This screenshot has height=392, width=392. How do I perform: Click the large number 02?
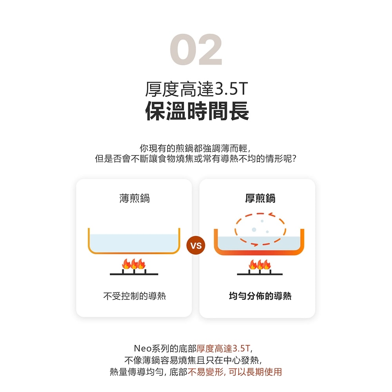tap(196, 49)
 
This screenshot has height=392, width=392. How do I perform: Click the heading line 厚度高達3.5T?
tap(196, 89)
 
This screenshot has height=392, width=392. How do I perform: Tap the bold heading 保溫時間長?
tap(197, 111)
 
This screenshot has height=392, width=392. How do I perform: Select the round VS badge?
tap(196, 245)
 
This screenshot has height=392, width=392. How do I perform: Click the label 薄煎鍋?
tap(134, 198)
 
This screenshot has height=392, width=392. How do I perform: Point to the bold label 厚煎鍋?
tap(260, 198)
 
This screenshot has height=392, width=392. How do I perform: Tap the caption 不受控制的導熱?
tap(134, 296)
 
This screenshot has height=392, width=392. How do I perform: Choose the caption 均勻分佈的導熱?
tap(260, 296)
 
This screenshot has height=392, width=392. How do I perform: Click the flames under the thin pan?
tap(134, 264)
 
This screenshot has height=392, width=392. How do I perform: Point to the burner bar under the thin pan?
tap(134, 274)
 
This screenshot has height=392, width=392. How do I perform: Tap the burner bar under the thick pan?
tap(260, 274)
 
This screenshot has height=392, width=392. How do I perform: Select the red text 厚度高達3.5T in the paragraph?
tap(223, 348)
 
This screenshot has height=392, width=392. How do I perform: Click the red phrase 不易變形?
tap(205, 372)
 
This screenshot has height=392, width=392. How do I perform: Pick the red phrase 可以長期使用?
tap(255, 372)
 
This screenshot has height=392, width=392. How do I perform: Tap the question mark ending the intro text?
tap(294, 158)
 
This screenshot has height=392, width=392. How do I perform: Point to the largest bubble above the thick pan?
tap(254, 229)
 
